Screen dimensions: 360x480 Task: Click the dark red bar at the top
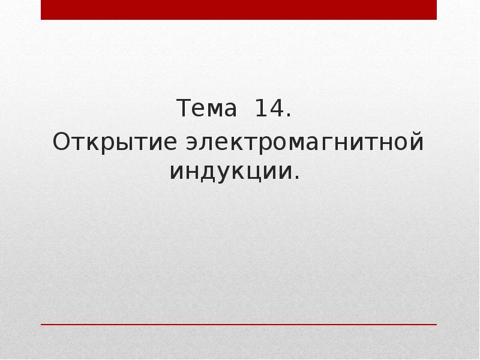pyautogui.click(x=239, y=10)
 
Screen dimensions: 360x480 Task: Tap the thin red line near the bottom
pyautogui.click(x=239, y=325)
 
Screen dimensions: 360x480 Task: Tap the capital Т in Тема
pyautogui.click(x=182, y=110)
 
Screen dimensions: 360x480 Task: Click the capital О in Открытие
pyautogui.click(x=61, y=143)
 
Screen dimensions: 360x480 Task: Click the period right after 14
pyautogui.click(x=289, y=116)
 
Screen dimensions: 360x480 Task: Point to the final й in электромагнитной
pyautogui.click(x=417, y=143)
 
